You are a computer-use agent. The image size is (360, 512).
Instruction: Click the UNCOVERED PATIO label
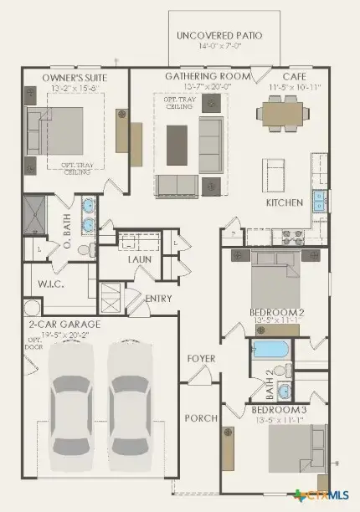pyautogui.click(x=219, y=35)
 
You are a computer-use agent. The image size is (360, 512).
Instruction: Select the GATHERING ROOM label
pyautogui.click(x=208, y=76)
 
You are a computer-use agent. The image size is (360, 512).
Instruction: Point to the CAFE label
pyautogui.click(x=293, y=76)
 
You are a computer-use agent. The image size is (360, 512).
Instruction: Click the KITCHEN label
pyautogui.click(x=284, y=203)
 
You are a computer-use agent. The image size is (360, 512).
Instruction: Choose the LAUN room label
pyautogui.click(x=139, y=259)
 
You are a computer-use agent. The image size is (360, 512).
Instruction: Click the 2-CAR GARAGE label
pyautogui.click(x=64, y=323)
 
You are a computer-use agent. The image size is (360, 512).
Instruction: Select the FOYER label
pyautogui.click(x=201, y=359)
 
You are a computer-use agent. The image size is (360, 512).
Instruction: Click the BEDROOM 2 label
pyautogui.click(x=276, y=313)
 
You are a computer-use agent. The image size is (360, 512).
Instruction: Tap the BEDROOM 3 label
pyautogui.click(x=276, y=410)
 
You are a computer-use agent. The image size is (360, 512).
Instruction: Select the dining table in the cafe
pyautogui.click(x=282, y=110)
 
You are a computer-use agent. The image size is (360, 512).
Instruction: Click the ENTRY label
pyautogui.click(x=159, y=299)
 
